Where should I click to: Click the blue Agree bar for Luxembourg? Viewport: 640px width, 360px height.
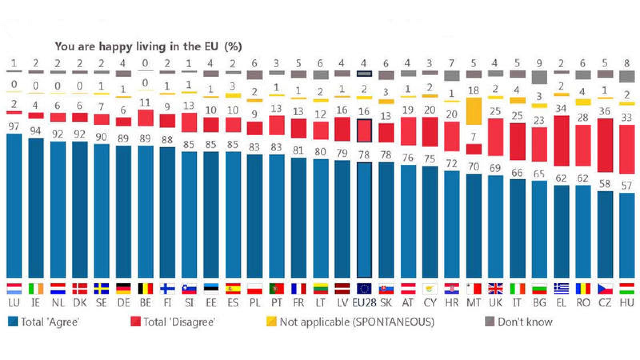point(14,206)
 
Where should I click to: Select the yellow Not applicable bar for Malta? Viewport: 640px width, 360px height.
point(474,111)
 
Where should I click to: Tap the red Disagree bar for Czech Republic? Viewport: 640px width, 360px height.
point(605,145)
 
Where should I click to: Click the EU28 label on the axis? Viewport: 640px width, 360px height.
point(364,303)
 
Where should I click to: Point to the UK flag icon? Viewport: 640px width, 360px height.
point(495,288)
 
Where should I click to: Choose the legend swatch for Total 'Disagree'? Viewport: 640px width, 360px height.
point(136,322)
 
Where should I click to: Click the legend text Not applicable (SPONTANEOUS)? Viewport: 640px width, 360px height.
point(356,322)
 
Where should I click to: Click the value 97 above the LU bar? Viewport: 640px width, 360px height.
point(14,126)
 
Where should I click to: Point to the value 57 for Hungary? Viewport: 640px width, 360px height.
point(626,186)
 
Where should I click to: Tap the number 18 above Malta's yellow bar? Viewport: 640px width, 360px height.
point(474,90)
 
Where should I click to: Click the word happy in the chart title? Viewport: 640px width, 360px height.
point(116,46)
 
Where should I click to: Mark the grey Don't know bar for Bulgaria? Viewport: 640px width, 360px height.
point(539,77)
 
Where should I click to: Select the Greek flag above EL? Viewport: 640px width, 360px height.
point(561,288)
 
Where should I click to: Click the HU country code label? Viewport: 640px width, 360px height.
point(626,303)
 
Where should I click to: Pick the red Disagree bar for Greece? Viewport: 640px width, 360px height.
point(561,141)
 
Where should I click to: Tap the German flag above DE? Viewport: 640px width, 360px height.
point(123,288)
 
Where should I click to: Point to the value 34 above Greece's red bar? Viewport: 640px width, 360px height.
point(561,108)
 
